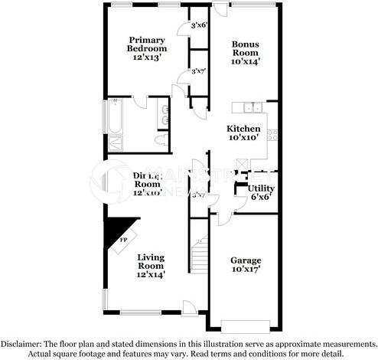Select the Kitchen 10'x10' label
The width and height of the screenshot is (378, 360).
tap(244, 133)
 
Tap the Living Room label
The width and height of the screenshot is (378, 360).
tap(151, 265)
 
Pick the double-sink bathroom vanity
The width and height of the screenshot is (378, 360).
tap(165, 116)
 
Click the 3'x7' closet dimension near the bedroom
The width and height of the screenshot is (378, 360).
tap(198, 72)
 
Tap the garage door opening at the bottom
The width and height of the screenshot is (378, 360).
tap(246, 322)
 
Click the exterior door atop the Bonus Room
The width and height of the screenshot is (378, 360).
tap(221, 11)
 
